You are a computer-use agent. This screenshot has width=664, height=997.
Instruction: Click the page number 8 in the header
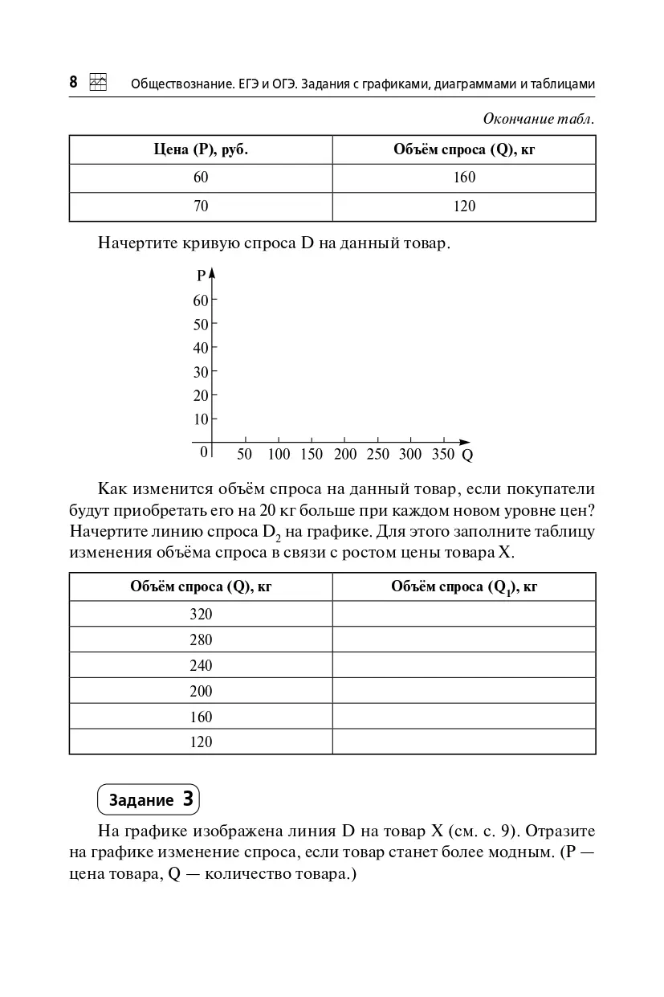coord(73,82)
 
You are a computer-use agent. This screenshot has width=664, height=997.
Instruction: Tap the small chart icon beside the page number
coord(98,82)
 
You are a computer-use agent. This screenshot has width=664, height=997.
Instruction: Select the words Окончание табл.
coord(539,119)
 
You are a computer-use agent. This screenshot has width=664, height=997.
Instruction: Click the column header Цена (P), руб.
coord(201,149)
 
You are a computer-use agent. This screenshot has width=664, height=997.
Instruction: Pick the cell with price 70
coord(201,206)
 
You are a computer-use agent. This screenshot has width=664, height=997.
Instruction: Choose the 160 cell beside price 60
coord(464,178)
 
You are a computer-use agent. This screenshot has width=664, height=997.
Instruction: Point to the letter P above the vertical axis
coord(201,276)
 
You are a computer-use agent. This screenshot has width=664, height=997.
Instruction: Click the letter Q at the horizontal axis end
coord(467,456)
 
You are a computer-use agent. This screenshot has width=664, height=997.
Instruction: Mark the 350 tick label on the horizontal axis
coord(443,455)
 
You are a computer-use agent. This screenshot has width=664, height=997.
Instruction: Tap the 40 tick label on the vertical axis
coord(200,348)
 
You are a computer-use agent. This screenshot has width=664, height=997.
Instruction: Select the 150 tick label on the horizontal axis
coord(311,455)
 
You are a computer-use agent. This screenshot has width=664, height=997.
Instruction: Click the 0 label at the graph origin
coord(204,452)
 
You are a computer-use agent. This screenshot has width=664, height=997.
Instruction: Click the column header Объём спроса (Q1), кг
coord(464,587)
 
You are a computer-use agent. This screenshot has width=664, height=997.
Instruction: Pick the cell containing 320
coord(201,614)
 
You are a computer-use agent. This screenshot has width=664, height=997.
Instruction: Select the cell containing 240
coord(201,665)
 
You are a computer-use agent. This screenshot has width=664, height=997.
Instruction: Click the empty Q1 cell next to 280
coord(464,639)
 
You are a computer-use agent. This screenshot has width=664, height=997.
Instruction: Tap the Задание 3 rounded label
coord(149,800)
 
